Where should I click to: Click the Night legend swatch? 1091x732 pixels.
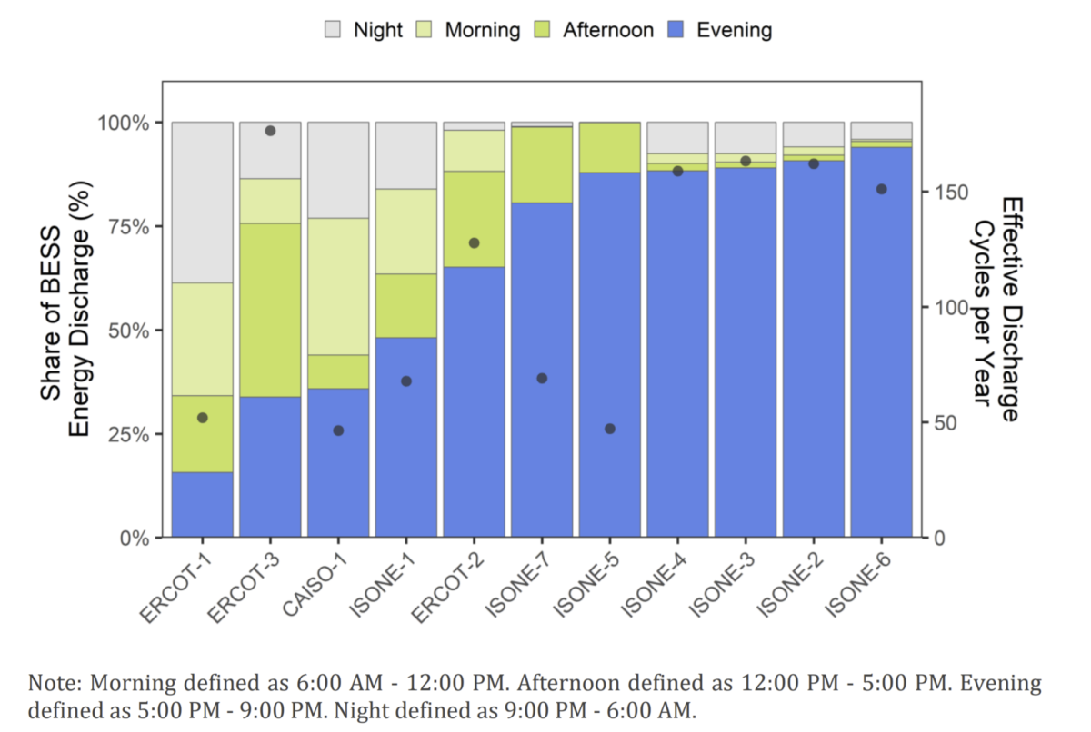(x=333, y=30)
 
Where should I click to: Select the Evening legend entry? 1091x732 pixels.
(x=734, y=30)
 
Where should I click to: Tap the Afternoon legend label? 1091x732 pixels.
(x=607, y=30)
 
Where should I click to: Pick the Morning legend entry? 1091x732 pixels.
(x=482, y=30)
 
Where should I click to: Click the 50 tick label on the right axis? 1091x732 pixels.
(x=944, y=423)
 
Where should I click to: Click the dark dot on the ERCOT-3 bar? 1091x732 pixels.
(x=270, y=131)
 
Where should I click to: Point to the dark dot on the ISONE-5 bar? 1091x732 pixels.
(x=609, y=429)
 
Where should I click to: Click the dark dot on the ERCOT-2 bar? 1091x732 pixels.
(x=474, y=243)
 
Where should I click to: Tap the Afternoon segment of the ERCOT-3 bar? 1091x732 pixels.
(x=270, y=309)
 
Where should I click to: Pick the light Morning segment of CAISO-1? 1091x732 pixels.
(x=338, y=286)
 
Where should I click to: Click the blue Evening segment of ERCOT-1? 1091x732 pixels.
(x=202, y=504)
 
